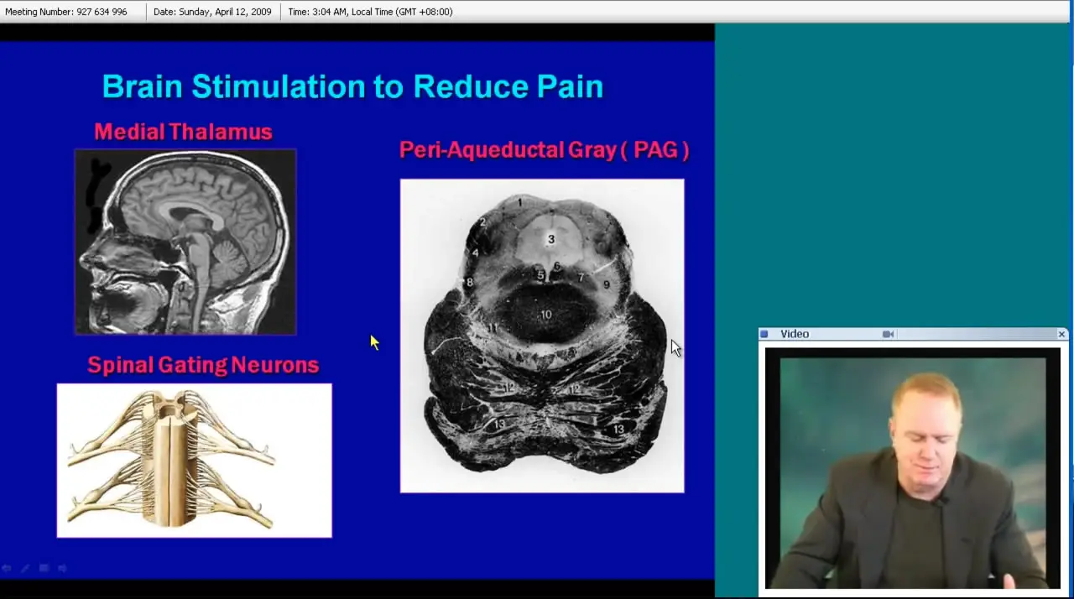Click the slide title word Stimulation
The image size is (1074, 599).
click(278, 86)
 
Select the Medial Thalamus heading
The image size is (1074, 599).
click(183, 132)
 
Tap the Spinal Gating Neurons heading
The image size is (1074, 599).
click(203, 365)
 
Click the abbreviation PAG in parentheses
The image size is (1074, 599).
click(655, 150)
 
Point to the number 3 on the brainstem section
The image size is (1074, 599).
click(551, 239)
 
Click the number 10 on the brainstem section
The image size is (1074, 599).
click(546, 315)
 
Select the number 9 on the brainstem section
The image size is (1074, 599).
click(607, 284)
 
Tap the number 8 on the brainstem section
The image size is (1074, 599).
click(470, 282)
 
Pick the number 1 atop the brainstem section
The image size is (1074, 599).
click(519, 203)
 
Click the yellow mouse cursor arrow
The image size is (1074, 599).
click(374, 341)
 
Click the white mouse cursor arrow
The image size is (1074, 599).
click(675, 348)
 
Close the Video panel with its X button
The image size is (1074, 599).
click(1061, 334)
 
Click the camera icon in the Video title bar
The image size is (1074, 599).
click(888, 334)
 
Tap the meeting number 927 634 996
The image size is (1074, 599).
click(102, 12)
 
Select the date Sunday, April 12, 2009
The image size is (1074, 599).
click(225, 12)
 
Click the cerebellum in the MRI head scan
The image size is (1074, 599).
click(231, 259)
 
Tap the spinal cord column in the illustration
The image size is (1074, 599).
click(171, 461)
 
